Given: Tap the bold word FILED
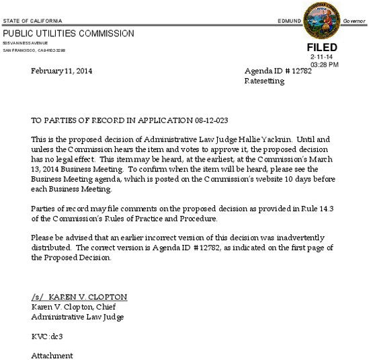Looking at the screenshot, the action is [322, 48].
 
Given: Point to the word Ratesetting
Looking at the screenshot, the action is [264, 81].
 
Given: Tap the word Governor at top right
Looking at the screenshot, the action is [353, 21].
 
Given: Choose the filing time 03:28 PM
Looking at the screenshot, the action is [325, 65].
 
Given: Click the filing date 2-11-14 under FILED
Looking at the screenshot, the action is [322, 58].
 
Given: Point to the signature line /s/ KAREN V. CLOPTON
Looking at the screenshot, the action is [79, 297].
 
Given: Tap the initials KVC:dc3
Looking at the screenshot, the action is [46, 335].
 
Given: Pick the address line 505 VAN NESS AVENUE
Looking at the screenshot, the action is [26, 42].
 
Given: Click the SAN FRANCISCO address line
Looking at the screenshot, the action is [34, 50].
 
